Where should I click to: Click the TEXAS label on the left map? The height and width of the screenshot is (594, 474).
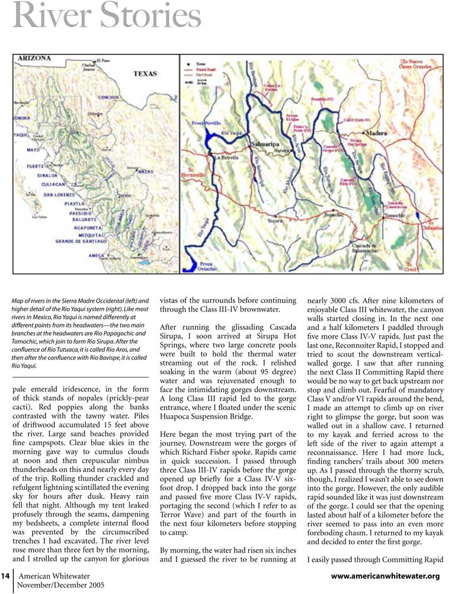click(x=145, y=74)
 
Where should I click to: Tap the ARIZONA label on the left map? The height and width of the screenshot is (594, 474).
click(x=34, y=59)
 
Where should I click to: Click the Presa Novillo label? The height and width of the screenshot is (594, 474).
click(x=207, y=124)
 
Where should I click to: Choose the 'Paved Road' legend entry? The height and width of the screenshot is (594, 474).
click(x=205, y=69)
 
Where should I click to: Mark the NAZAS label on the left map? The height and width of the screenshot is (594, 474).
click(x=145, y=171)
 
